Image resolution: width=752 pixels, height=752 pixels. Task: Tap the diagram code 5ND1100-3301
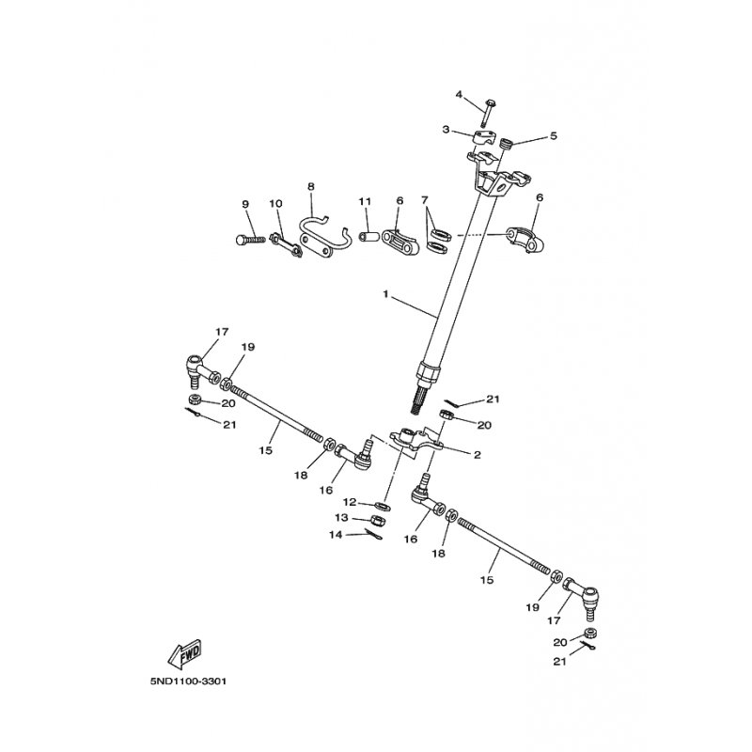click(x=188, y=681)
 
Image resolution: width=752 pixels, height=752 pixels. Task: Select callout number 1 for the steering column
click(x=386, y=293)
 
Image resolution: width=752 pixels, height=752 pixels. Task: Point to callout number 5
click(x=554, y=135)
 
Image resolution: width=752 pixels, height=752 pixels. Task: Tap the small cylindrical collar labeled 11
click(x=370, y=238)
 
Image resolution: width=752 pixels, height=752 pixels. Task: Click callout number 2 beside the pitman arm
click(x=477, y=454)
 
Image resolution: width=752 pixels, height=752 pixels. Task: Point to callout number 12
click(x=349, y=502)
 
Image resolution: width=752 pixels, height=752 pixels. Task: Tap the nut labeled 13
click(x=379, y=520)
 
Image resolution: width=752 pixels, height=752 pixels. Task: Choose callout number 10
click(x=275, y=203)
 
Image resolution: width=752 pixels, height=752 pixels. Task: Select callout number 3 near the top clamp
click(x=446, y=130)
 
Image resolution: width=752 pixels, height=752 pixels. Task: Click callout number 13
click(x=341, y=518)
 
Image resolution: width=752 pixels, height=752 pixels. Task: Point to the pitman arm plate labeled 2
click(x=415, y=442)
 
